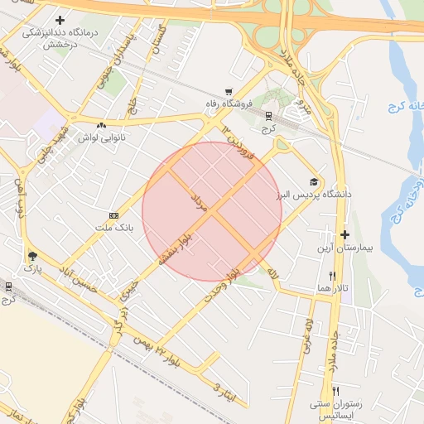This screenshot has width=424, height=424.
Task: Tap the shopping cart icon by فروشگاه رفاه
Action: pos(228,92)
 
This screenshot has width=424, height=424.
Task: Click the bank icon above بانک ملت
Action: pos(113,215)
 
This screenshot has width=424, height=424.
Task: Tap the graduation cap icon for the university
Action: pos(314,181)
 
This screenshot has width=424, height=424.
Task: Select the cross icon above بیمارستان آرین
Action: pos(345,234)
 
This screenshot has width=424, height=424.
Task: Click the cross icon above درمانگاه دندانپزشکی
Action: pos(60,20)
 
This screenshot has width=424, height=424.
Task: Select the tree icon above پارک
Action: pos(32,256)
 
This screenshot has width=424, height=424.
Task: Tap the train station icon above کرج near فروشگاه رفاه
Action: pos(267,116)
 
